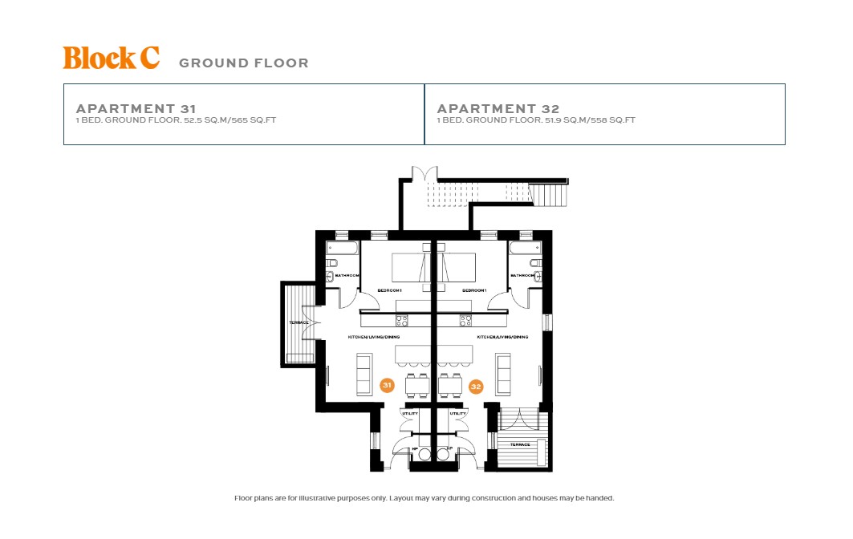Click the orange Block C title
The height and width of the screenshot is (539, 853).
(111, 58)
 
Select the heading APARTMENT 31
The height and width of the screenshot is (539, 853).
(136, 108)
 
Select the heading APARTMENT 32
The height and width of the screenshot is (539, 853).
(498, 108)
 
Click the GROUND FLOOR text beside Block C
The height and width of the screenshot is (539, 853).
(243, 63)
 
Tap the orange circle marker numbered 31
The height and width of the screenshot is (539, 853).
(388, 386)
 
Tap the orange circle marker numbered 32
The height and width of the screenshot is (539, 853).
(476, 387)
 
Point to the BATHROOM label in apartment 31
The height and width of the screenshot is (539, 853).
(347, 275)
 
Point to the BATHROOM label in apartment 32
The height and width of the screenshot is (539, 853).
(523, 275)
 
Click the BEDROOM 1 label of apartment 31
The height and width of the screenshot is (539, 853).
(390, 290)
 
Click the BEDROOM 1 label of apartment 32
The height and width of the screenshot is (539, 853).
(475, 290)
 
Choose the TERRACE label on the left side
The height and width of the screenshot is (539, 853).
(299, 322)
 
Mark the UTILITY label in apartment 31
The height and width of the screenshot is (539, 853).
(410, 413)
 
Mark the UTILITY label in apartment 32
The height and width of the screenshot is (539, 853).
(457, 413)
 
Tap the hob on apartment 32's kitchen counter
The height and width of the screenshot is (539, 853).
(465, 320)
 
